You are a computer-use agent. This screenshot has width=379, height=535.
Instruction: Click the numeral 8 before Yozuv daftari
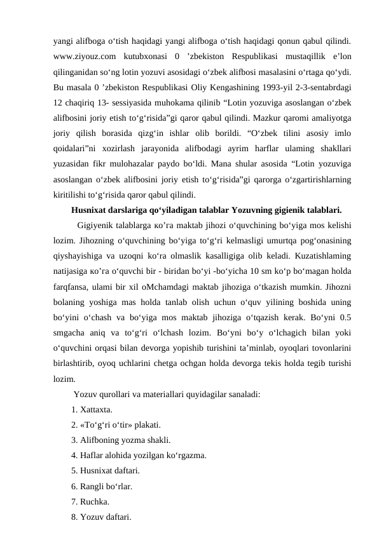(74, 516)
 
